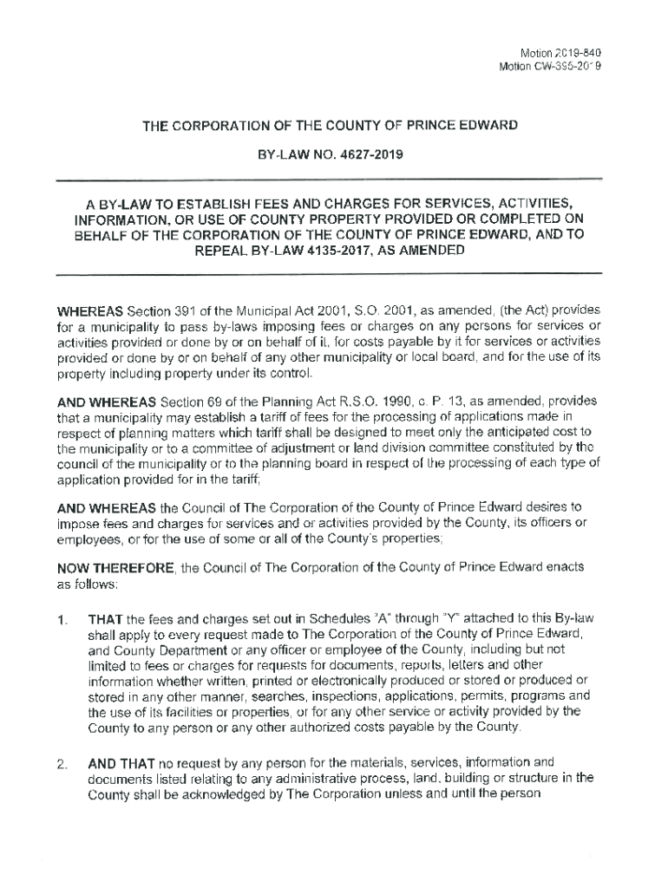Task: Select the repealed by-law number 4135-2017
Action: [x=339, y=251]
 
